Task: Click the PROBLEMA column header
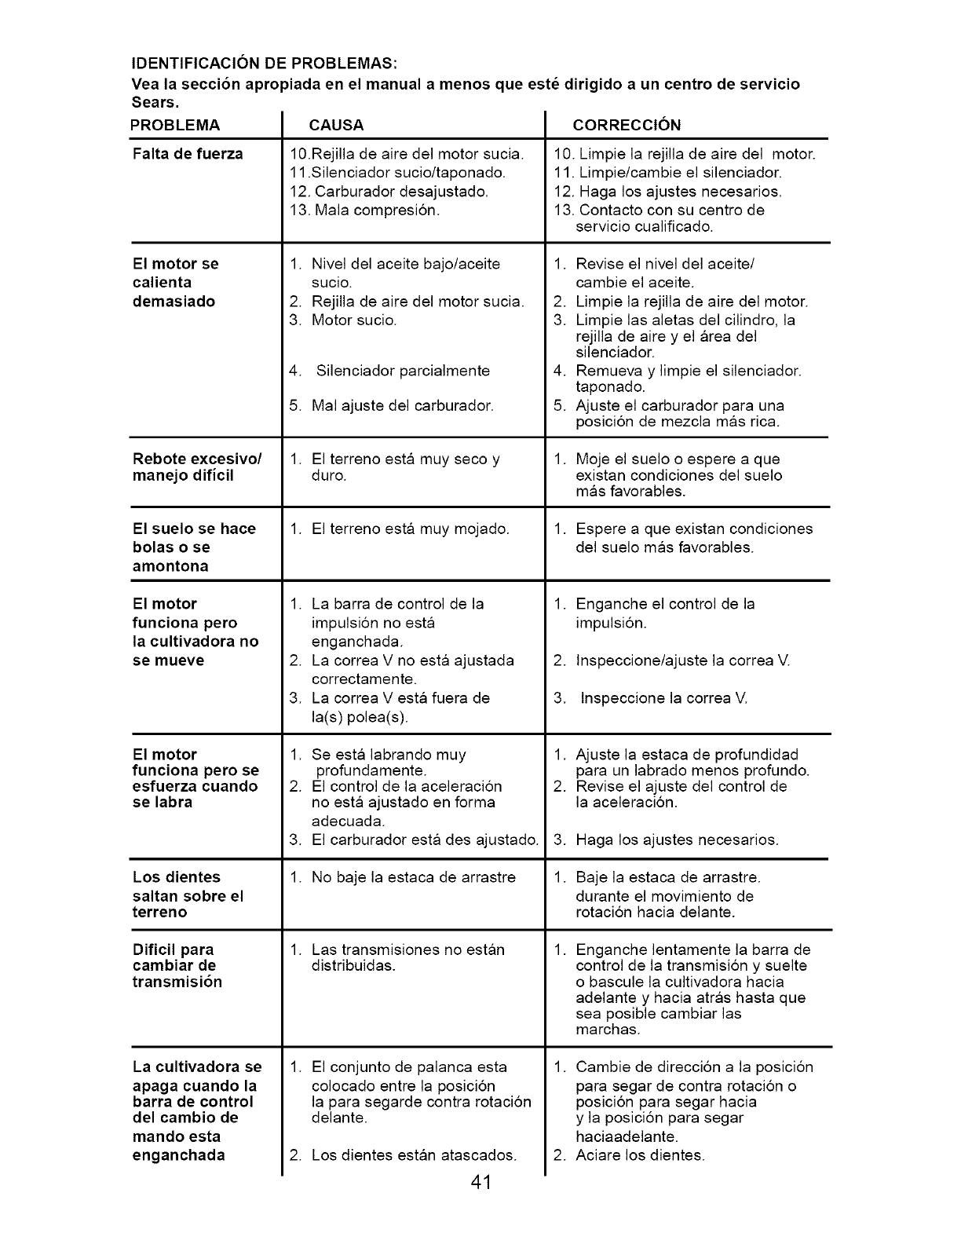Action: pyautogui.click(x=176, y=125)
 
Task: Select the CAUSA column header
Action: pyautogui.click(x=337, y=125)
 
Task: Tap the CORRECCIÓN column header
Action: pyautogui.click(x=627, y=125)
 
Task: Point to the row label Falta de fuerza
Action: pyautogui.click(x=188, y=154)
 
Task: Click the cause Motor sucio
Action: pyautogui.click(x=353, y=320)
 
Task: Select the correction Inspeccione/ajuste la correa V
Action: pyautogui.click(x=682, y=660)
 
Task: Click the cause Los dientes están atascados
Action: pyautogui.click(x=414, y=1155)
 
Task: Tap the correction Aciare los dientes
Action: pyautogui.click(x=640, y=1155)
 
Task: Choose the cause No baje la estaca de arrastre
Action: pyautogui.click(x=413, y=877)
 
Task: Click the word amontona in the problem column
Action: pyautogui.click(x=170, y=566)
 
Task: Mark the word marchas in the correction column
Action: pyautogui.click(x=608, y=1030)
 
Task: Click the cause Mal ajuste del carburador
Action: pyautogui.click(x=402, y=406)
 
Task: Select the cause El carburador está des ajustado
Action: pyautogui.click(x=424, y=840)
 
